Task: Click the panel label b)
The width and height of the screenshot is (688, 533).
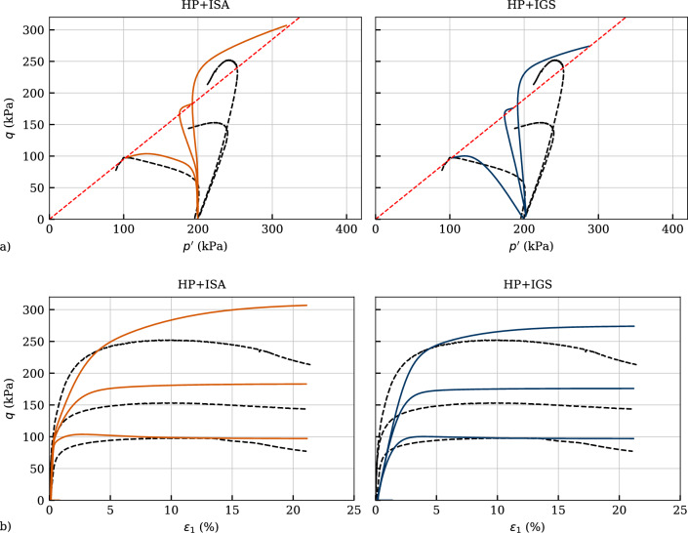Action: coord(7,527)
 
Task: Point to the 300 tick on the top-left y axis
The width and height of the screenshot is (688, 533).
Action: coord(34,30)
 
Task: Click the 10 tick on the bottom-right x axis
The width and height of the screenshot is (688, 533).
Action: coord(498,510)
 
